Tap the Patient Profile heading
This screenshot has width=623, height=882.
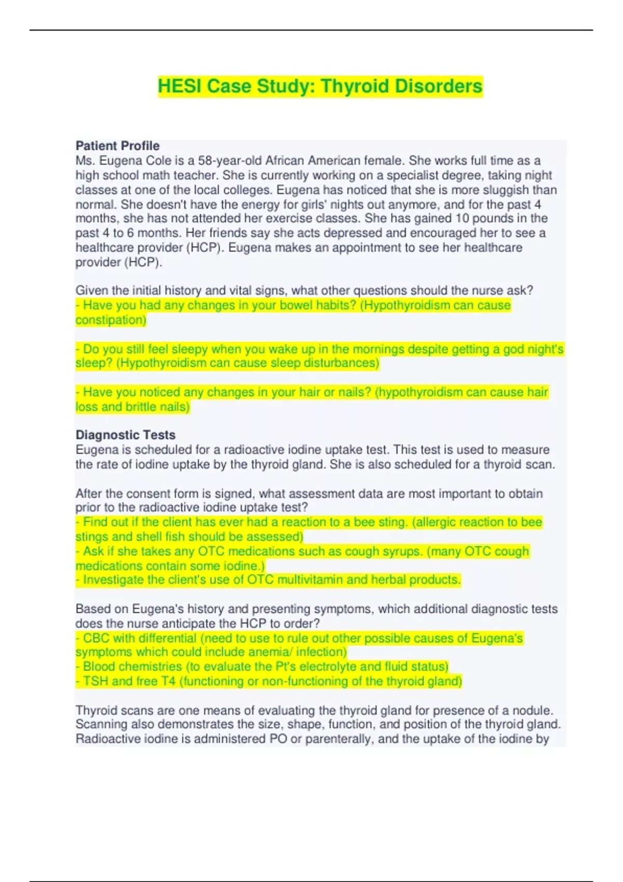(117, 146)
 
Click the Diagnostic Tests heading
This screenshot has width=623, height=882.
(125, 435)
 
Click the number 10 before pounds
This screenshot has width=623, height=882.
(462, 218)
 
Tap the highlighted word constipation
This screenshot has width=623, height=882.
(110, 320)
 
